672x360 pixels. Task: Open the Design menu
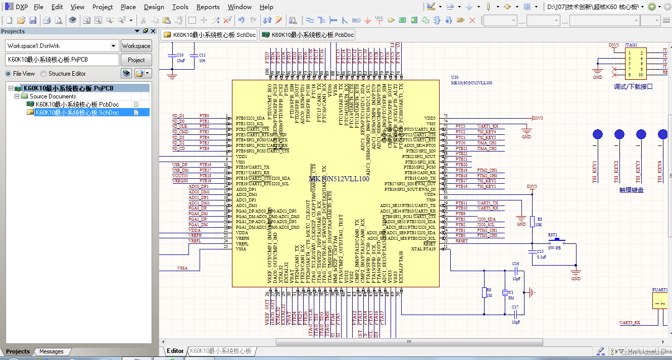[x=154, y=7]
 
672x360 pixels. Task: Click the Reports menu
[x=208, y=7]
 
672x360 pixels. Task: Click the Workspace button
[x=136, y=46]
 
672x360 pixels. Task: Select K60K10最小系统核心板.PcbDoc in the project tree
[x=77, y=105]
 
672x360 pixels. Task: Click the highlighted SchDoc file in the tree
[x=77, y=113]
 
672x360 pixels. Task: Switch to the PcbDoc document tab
[x=308, y=35]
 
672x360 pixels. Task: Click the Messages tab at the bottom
[x=52, y=351]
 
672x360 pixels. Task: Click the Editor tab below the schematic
[x=175, y=351]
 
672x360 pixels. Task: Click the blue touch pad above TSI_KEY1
[x=598, y=134]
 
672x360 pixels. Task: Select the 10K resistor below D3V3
[x=532, y=221]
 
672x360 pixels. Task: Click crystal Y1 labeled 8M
[x=505, y=292]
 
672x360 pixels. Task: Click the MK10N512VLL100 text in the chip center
[x=339, y=179]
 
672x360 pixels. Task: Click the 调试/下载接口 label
[x=633, y=87]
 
